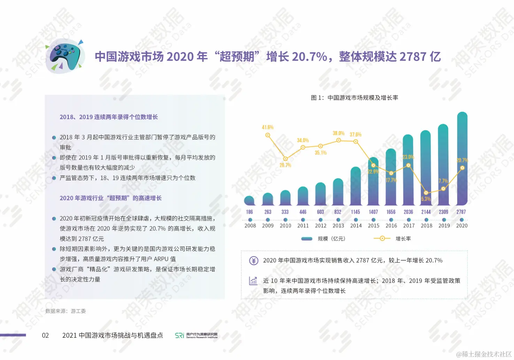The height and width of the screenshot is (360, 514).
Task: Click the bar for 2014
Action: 356,186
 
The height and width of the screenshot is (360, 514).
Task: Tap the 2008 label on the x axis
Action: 250,226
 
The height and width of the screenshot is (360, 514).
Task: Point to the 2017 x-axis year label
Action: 409,226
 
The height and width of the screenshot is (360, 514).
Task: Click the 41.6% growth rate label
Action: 267,128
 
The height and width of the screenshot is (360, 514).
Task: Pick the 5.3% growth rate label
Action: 426,199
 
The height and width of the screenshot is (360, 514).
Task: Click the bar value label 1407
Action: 373,212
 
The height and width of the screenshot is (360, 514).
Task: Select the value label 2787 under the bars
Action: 461,212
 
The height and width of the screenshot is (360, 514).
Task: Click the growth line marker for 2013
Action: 338,140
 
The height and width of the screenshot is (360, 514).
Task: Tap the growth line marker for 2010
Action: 285,159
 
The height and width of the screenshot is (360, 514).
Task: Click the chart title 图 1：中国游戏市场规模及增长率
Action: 355,98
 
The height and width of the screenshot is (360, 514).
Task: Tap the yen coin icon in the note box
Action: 254,261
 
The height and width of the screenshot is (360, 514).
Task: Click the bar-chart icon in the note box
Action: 253,281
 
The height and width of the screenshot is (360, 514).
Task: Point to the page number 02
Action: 45,335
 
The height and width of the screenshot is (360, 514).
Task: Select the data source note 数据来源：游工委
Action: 65,311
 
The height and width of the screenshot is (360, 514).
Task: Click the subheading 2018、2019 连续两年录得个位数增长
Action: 109,117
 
